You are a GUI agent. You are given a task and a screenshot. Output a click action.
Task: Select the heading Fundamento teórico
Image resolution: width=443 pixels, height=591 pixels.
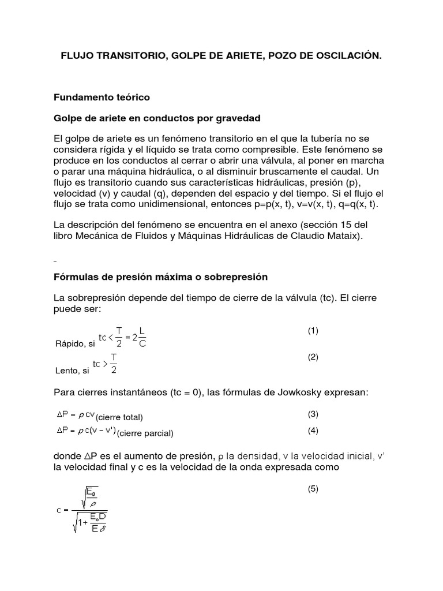point(102,97)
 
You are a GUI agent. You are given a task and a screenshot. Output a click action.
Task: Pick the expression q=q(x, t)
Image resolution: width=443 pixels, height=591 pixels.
point(357,205)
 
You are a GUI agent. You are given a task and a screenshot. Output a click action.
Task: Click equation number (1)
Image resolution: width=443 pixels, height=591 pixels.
point(313,331)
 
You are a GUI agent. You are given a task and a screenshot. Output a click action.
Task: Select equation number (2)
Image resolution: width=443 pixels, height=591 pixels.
point(313,357)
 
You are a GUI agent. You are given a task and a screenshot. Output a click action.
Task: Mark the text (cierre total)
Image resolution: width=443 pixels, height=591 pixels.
point(119,417)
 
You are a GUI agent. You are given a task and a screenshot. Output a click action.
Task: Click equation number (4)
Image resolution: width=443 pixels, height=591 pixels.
point(313,430)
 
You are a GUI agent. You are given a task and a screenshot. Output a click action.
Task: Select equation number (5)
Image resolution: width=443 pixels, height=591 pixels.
point(313,489)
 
